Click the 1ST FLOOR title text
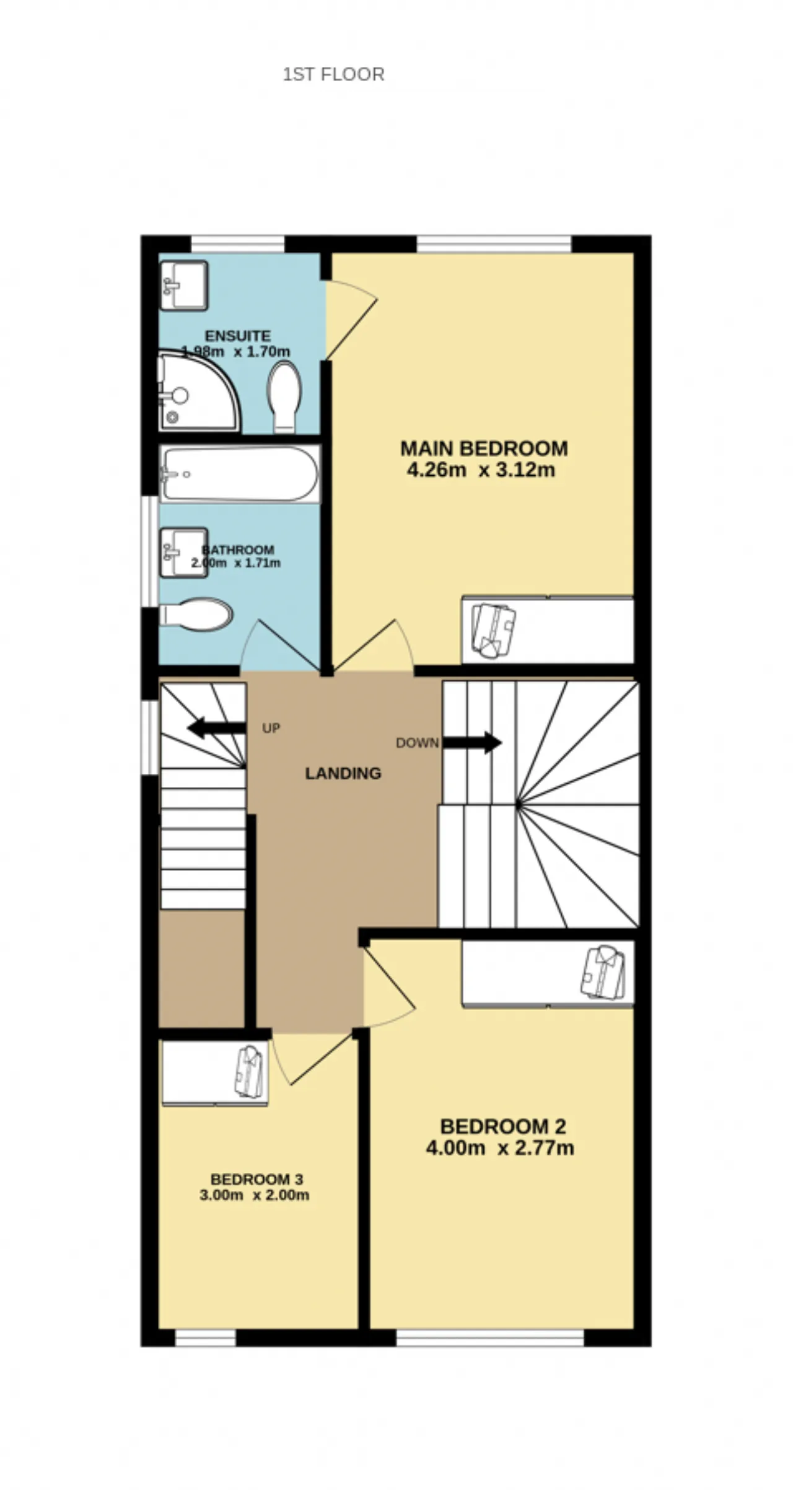pyautogui.click(x=333, y=74)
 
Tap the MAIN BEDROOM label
pyautogui.click(x=484, y=448)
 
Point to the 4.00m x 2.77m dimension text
pyautogui.click(x=500, y=1148)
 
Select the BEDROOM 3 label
pyautogui.click(x=256, y=1179)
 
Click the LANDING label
pyautogui.click(x=343, y=773)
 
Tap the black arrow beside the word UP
pyautogui.click(x=216, y=727)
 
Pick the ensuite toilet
pyautogui.click(x=284, y=397)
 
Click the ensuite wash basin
pyautogui.click(x=184, y=285)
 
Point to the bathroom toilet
pyautogui.click(x=196, y=615)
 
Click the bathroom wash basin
pyautogui.click(x=184, y=553)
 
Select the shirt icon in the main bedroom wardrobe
pyautogui.click(x=494, y=631)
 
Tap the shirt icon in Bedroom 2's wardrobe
pyautogui.click(x=603, y=972)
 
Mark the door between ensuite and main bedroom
pyautogui.click(x=351, y=320)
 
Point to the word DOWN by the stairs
pyautogui.click(x=418, y=742)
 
